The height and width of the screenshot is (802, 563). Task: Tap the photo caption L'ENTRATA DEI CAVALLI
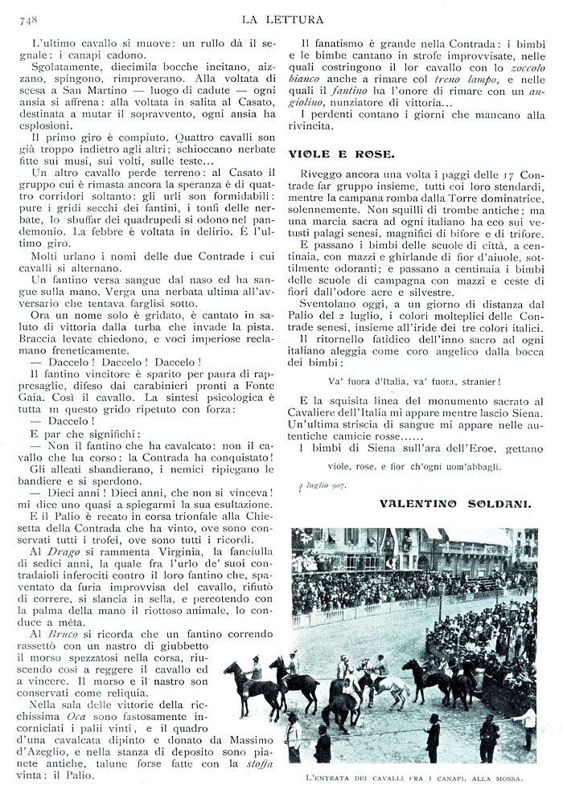[x=414, y=778]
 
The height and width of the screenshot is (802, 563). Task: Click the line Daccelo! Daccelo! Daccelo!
[x=115, y=362]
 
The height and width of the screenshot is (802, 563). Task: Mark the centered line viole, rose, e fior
[x=415, y=465]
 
